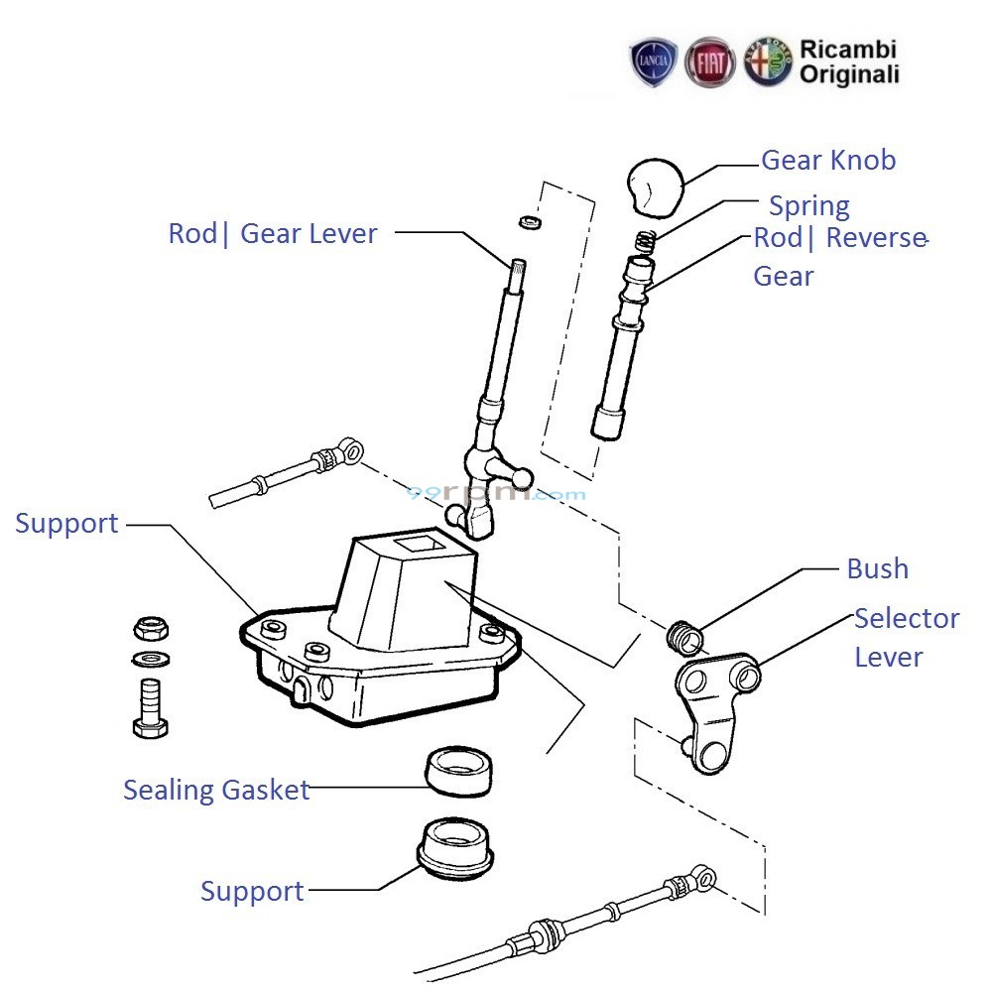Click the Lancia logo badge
(x=654, y=62)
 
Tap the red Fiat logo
(x=710, y=62)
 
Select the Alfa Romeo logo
(x=768, y=62)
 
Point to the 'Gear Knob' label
(x=827, y=160)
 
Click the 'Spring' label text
(x=809, y=206)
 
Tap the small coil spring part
(x=646, y=241)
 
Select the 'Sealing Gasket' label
(x=216, y=790)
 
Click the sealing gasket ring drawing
(x=460, y=771)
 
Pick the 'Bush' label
(x=877, y=568)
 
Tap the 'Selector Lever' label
(x=906, y=637)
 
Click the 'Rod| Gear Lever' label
(x=273, y=234)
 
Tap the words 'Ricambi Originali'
(x=849, y=61)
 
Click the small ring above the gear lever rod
(x=532, y=220)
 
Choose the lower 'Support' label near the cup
(x=252, y=891)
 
